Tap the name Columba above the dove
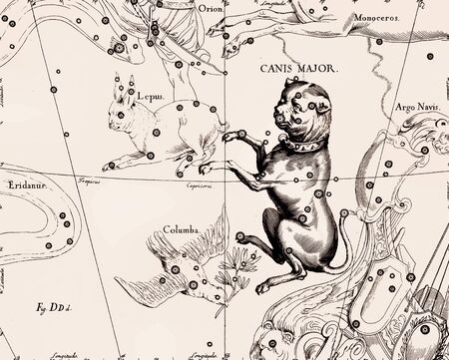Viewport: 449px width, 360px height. click(177, 228)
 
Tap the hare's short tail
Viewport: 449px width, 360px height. click(222, 116)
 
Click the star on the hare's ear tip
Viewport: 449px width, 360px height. click(131, 77)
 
